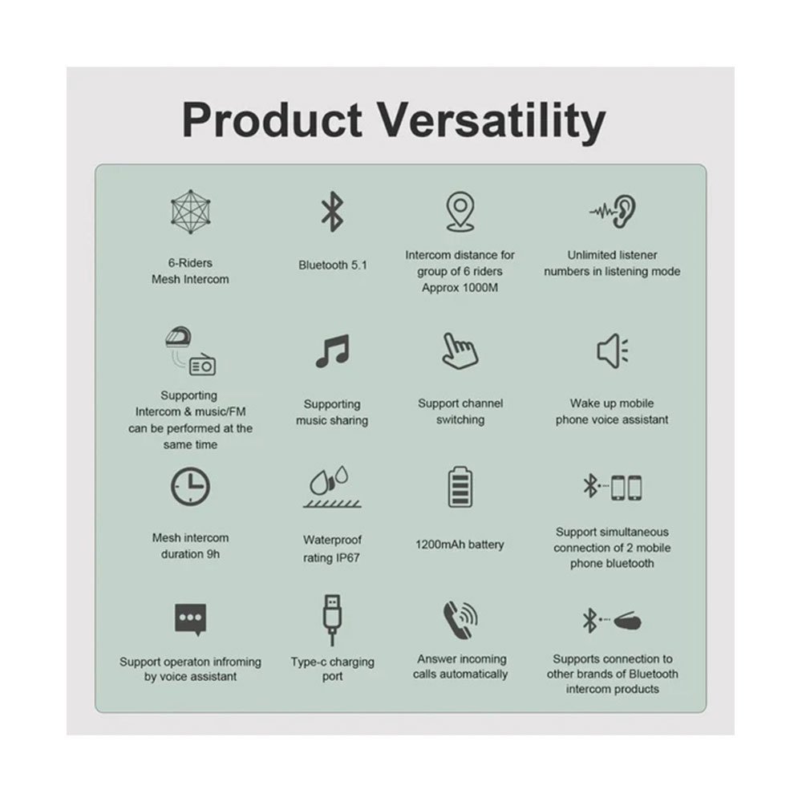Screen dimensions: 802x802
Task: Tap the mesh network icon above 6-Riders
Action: click(191, 211)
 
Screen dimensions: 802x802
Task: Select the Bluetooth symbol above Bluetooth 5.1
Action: click(332, 212)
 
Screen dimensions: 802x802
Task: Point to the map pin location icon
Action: click(460, 212)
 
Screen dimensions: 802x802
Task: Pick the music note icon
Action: click(333, 351)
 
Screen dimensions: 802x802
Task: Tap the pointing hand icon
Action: click(460, 351)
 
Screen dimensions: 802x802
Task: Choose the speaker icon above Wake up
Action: click(612, 351)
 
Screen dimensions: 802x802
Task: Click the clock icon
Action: click(190, 486)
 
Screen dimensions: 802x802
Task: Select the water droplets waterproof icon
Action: click(332, 487)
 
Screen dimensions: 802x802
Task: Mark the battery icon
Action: click(460, 487)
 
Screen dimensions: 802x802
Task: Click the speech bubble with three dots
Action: click(190, 619)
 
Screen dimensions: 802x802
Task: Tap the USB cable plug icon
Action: click(332, 620)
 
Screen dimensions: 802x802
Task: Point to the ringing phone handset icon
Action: click(460, 620)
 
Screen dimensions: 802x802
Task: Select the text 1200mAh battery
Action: click(460, 545)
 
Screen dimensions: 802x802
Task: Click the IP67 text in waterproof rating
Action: click(347, 557)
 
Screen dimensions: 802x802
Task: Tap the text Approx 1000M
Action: click(460, 288)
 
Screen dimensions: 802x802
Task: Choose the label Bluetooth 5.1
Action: click(333, 265)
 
